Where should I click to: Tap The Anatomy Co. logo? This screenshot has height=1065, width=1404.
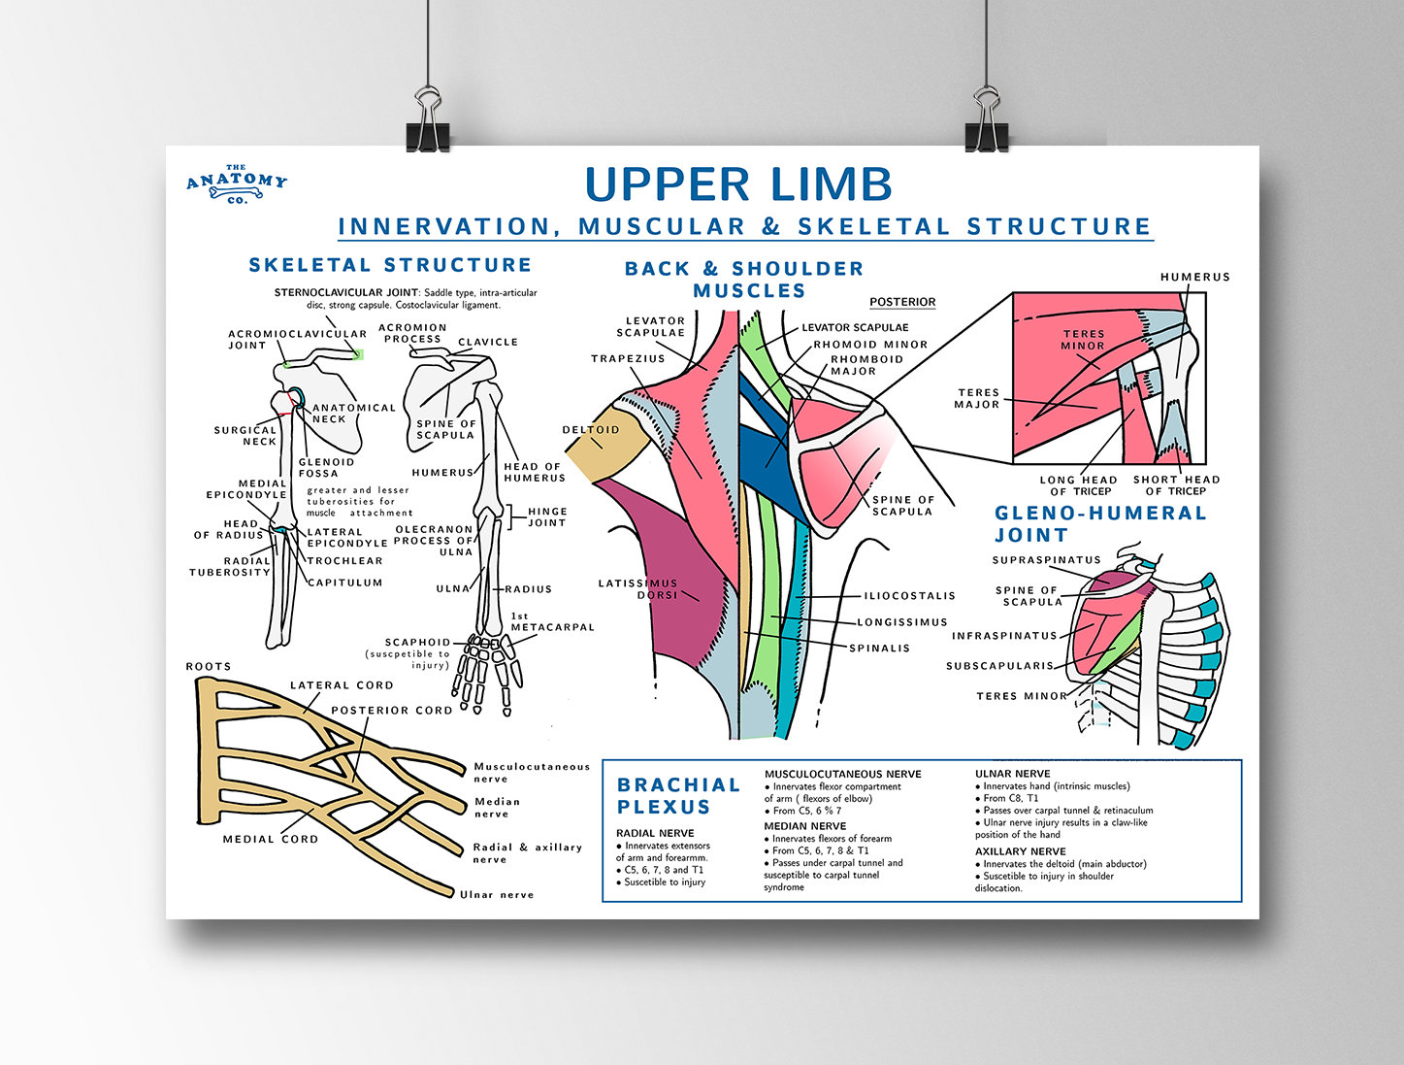point(237,183)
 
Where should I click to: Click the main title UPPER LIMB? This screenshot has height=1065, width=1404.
point(738,184)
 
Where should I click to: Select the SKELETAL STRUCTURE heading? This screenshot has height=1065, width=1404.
point(390,265)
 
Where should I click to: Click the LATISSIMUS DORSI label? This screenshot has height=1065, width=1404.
point(638,588)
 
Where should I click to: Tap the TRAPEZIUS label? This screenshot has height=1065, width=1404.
point(628,358)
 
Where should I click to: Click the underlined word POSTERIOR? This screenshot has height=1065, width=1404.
point(902,302)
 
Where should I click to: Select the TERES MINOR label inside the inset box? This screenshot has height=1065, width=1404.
point(1083,339)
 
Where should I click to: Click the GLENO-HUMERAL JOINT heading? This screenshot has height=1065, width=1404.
point(1099,523)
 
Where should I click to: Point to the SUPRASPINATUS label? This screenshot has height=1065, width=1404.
point(1046,560)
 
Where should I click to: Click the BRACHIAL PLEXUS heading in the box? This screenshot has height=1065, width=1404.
point(678,795)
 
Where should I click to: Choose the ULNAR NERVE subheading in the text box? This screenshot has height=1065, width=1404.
point(1012,774)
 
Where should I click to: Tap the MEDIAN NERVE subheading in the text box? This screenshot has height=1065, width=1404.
point(804,826)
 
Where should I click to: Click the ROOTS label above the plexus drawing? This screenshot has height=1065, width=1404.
point(209,666)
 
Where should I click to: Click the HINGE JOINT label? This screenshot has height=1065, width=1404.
point(547,516)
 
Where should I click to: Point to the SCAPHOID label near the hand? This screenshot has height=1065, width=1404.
point(417,643)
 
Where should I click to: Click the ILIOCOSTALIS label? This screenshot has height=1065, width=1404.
point(909,596)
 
